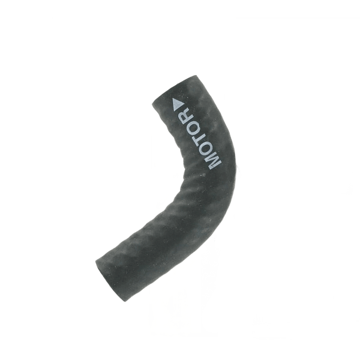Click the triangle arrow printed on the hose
[178, 103]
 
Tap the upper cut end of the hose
[180, 84]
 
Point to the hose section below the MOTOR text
[198, 204]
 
